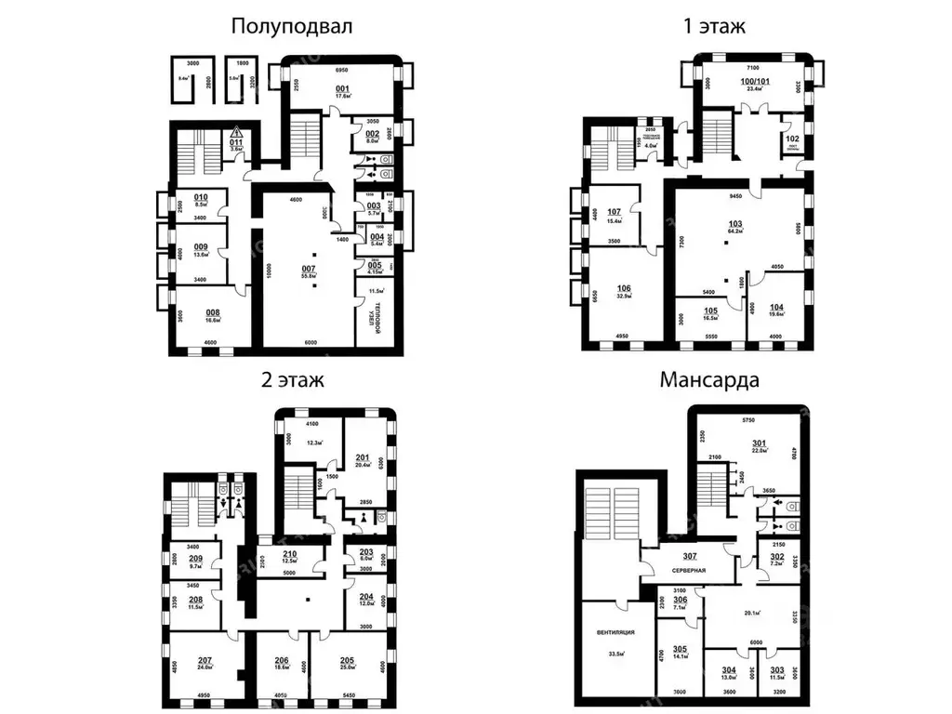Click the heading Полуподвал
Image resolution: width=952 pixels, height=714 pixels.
point(292,27)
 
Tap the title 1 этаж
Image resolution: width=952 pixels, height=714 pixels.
point(714,27)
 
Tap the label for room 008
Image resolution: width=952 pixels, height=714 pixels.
point(212,312)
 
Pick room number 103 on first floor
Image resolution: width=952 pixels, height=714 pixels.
point(735,224)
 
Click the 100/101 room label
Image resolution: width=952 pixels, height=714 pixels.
point(755,82)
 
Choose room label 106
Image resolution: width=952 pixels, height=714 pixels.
point(624,288)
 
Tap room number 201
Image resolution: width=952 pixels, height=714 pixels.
point(363,456)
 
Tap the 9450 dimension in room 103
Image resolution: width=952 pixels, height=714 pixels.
point(738,196)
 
